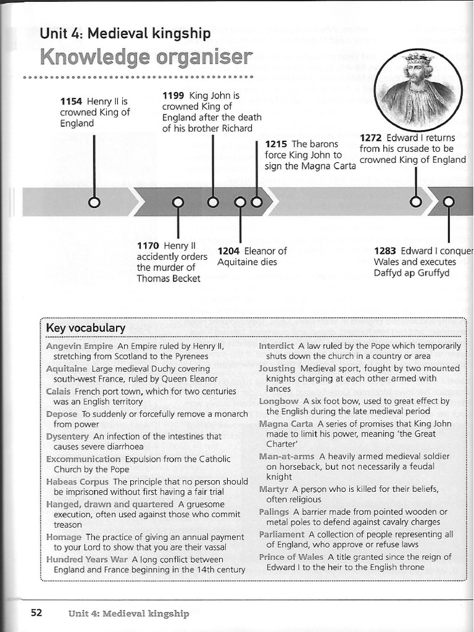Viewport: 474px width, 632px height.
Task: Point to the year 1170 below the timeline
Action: pos(148,246)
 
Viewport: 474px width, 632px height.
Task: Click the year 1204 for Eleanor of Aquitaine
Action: pos(229,251)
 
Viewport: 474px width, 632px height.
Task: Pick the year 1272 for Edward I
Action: pos(372,138)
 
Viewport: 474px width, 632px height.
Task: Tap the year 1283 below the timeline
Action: pos(386,251)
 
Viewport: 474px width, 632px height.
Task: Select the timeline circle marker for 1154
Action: pos(94,202)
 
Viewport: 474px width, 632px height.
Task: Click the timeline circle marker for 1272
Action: pos(416,202)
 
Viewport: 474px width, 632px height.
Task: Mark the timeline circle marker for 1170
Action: pos(178,202)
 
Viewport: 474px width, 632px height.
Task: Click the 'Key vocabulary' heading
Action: pos(86,328)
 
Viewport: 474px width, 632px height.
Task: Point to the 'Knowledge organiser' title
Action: pos(146,57)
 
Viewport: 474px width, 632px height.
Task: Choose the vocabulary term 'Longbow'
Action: pos(279,401)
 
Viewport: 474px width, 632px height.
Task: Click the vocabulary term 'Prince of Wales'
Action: pos(291,557)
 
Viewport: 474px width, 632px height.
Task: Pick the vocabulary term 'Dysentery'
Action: pos(68,436)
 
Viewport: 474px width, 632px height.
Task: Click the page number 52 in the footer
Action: pos(36,613)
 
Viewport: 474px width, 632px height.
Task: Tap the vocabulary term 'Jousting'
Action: pos(277,368)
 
